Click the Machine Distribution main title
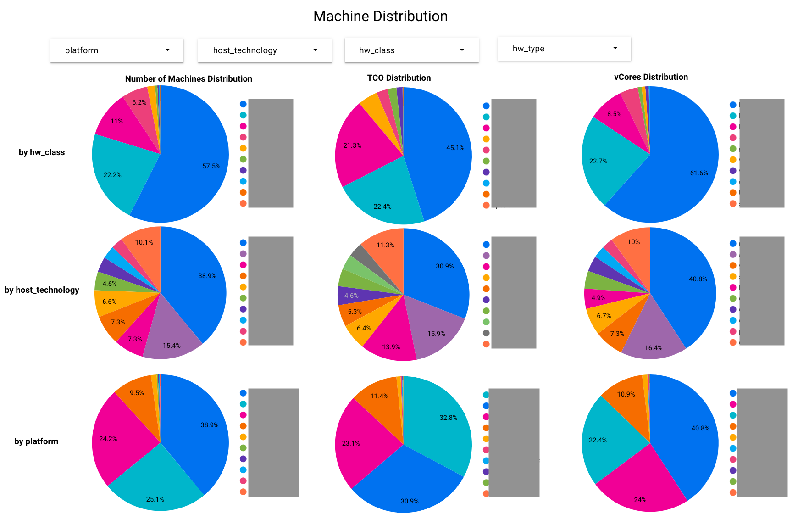(x=380, y=17)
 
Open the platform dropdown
(x=117, y=50)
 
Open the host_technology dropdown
(x=265, y=50)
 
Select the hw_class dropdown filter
(x=411, y=50)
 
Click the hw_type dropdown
(x=564, y=49)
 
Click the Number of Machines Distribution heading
(x=188, y=79)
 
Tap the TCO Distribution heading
(x=399, y=78)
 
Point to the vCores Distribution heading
(x=651, y=77)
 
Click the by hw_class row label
(x=42, y=152)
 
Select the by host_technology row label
(x=42, y=290)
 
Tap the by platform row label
(x=36, y=441)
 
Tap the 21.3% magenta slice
(x=362, y=147)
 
